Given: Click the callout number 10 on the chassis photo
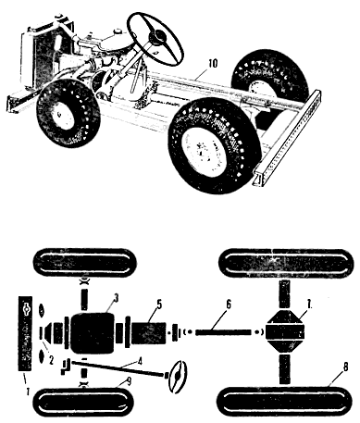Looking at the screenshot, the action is pos(213,63).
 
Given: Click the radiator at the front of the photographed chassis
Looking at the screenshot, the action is pos(38,57).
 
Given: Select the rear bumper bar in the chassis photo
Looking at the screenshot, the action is pos(288,138).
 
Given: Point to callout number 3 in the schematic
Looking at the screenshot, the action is pos(116,298).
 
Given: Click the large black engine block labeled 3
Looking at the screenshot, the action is pos(93,333).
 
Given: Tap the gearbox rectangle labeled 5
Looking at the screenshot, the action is pos(149,333).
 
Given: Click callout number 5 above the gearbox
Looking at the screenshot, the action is pos(159,305).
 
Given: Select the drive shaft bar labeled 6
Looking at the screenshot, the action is pos(223,332).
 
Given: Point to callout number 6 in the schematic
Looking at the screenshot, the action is pos(228,305).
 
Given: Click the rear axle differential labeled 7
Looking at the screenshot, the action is pos(285,332).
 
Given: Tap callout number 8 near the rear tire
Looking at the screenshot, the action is pos(345,367).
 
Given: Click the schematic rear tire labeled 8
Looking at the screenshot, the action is pos(284,402).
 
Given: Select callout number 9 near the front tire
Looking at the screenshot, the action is pos(129,382).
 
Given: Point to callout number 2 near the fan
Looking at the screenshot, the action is pos(51,360).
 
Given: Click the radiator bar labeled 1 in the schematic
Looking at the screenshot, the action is pos(25,333).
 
